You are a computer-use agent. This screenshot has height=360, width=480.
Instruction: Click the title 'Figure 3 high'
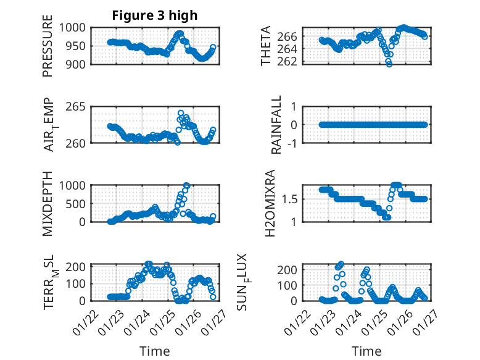155,15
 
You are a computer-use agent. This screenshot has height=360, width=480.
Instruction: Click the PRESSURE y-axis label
48,50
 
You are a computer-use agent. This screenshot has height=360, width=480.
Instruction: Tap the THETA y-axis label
266,46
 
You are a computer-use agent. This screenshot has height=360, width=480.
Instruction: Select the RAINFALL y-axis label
277,125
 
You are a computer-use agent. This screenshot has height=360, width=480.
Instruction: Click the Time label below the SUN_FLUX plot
366,351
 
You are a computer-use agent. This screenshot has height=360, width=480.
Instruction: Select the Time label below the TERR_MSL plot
155,351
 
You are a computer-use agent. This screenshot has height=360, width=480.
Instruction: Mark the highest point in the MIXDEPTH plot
187,185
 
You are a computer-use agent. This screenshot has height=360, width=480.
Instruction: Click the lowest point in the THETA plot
389,64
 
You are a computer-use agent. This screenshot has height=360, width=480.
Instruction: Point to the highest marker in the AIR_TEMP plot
181,113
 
